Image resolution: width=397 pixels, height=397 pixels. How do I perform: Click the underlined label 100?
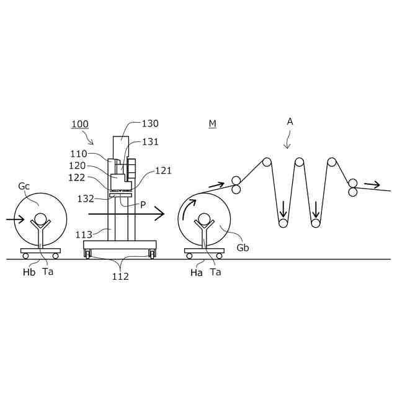79,124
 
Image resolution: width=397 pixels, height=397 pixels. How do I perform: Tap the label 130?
151,123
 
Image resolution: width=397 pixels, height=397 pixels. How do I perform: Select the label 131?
151,141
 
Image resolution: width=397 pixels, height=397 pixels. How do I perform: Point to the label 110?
79,154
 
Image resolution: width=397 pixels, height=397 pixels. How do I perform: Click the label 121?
163,170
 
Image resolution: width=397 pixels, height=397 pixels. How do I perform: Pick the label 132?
86,198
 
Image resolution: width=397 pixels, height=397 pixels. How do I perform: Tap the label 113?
84,234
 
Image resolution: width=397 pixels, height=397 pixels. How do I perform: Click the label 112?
120,277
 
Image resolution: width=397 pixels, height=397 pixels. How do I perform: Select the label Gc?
24,186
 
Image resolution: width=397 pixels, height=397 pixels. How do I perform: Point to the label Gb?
243,247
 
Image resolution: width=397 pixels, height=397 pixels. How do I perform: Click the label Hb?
29,272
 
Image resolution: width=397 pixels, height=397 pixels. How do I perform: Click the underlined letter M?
212,123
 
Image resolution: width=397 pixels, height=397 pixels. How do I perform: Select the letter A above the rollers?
290,122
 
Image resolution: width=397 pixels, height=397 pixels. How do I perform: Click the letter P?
143,204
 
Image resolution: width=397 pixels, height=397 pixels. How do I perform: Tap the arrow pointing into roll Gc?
16,219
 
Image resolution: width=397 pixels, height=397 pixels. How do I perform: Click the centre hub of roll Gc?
40,219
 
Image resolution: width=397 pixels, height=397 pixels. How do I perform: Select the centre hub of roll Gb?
203,219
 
